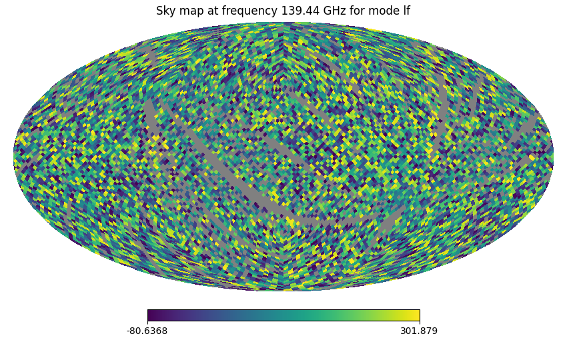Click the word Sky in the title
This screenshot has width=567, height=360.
pyautogui.click(x=165, y=11)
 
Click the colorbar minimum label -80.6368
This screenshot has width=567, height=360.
pyautogui.click(x=147, y=331)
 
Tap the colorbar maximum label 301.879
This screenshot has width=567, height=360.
pyautogui.click(x=419, y=331)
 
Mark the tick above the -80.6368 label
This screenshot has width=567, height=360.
pyautogui.click(x=147, y=323)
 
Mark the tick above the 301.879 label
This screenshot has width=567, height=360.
pyautogui.click(x=420, y=323)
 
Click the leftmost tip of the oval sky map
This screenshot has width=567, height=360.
pyautogui.click(x=14, y=157)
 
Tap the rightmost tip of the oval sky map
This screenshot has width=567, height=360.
pyautogui.click(x=553, y=157)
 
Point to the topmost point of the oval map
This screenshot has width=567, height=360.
pyautogui.click(x=283, y=23)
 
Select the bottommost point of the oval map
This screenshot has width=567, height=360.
pyautogui.click(x=283, y=291)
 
